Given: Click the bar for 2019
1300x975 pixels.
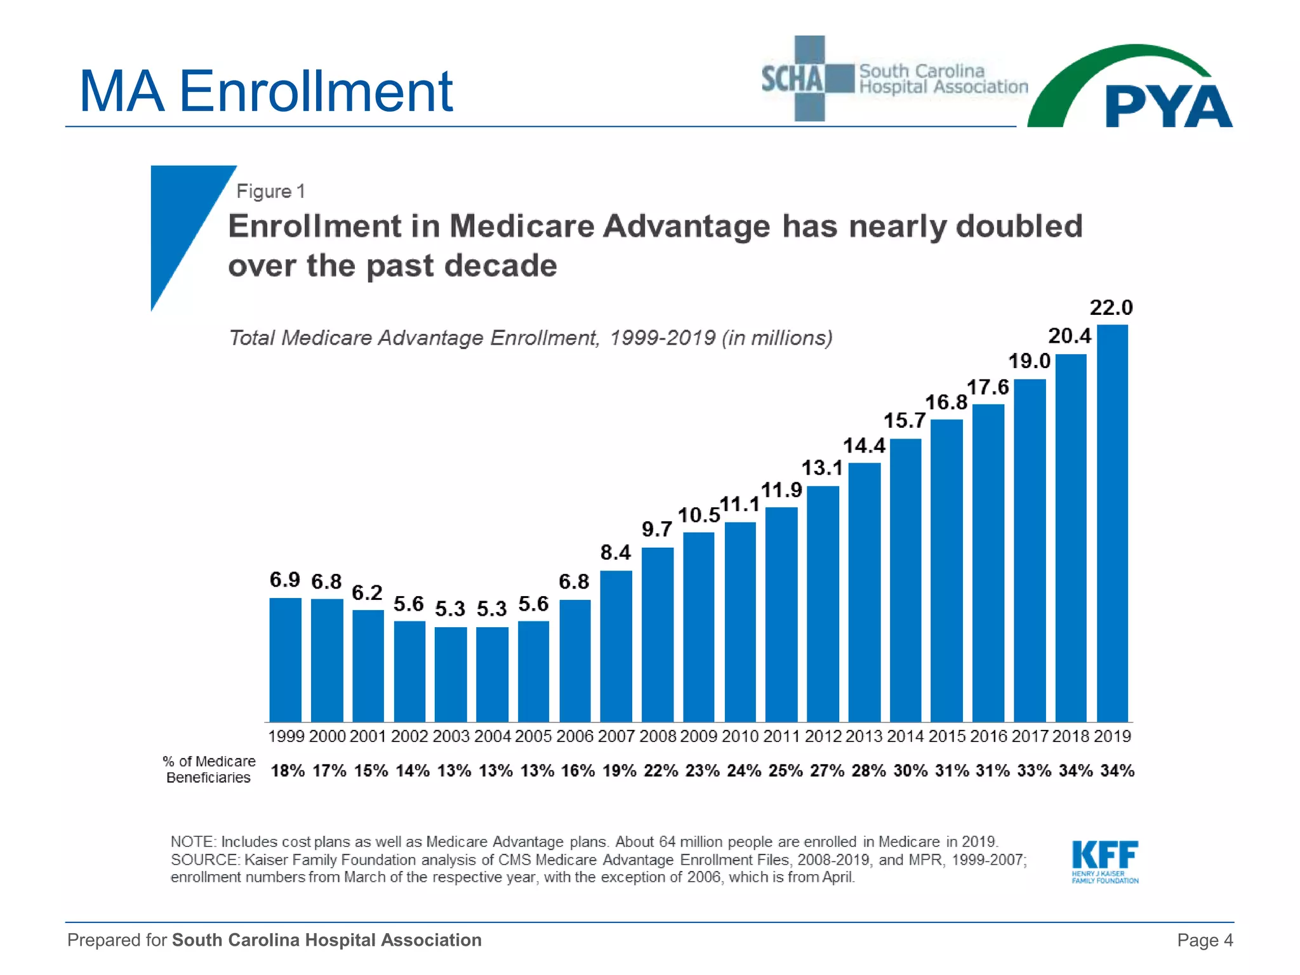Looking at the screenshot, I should tap(1112, 524).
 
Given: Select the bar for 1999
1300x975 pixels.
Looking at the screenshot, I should tap(285, 660).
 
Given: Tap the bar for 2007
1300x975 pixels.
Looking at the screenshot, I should tap(616, 646).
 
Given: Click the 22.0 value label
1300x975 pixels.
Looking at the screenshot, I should tap(1111, 308).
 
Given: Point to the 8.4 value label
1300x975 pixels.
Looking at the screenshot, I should tap(616, 553).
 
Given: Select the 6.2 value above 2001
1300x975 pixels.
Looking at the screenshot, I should tap(367, 593).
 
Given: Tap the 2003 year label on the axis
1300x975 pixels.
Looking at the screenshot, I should tap(451, 736).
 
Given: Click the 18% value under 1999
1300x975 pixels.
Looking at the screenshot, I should tap(288, 771).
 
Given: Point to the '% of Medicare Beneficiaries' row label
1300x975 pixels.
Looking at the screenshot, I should tap(209, 769).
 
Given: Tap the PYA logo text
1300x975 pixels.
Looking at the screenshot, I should tap(1168, 107).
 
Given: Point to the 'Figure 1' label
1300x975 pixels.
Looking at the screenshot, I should tap(270, 191).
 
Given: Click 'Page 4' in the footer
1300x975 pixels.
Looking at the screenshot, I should tap(1204, 940).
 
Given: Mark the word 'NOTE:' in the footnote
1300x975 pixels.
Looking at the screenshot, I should tap(193, 842).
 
